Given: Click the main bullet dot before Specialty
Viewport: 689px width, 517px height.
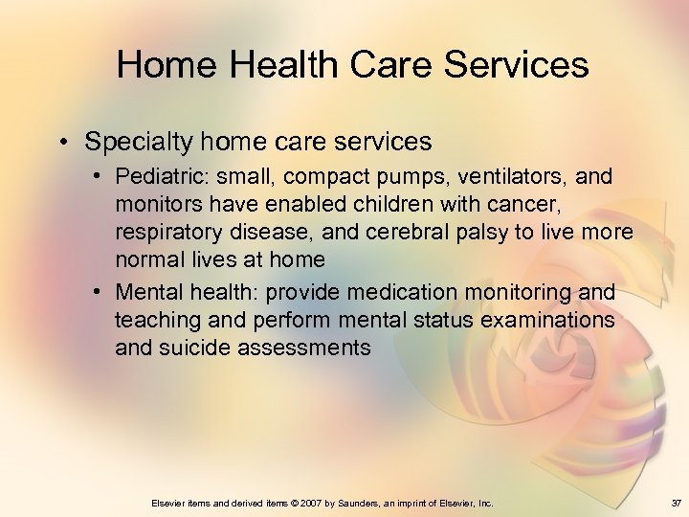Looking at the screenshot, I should point(60,143).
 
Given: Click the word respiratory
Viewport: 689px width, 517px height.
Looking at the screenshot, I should point(164,233).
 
